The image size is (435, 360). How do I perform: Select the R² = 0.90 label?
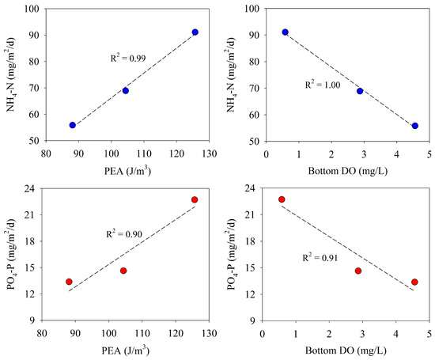click(126, 234)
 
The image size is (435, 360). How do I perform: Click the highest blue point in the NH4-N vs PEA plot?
click(195, 32)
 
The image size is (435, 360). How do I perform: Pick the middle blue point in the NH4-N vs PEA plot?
click(126, 90)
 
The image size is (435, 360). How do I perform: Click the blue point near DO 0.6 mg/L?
click(286, 32)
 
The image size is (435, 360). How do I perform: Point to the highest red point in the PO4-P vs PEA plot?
click(195, 199)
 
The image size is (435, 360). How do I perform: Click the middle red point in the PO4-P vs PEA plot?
click(123, 271)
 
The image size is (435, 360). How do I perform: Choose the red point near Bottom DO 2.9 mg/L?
click(358, 271)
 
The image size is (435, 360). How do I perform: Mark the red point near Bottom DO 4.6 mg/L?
click(414, 282)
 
